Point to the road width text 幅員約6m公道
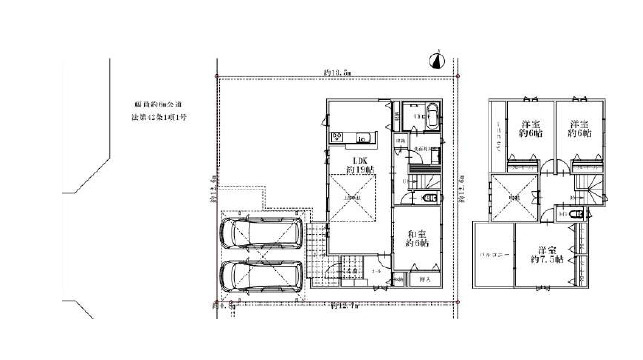[x=159, y=103]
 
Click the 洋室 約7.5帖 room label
[x=548, y=254]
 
